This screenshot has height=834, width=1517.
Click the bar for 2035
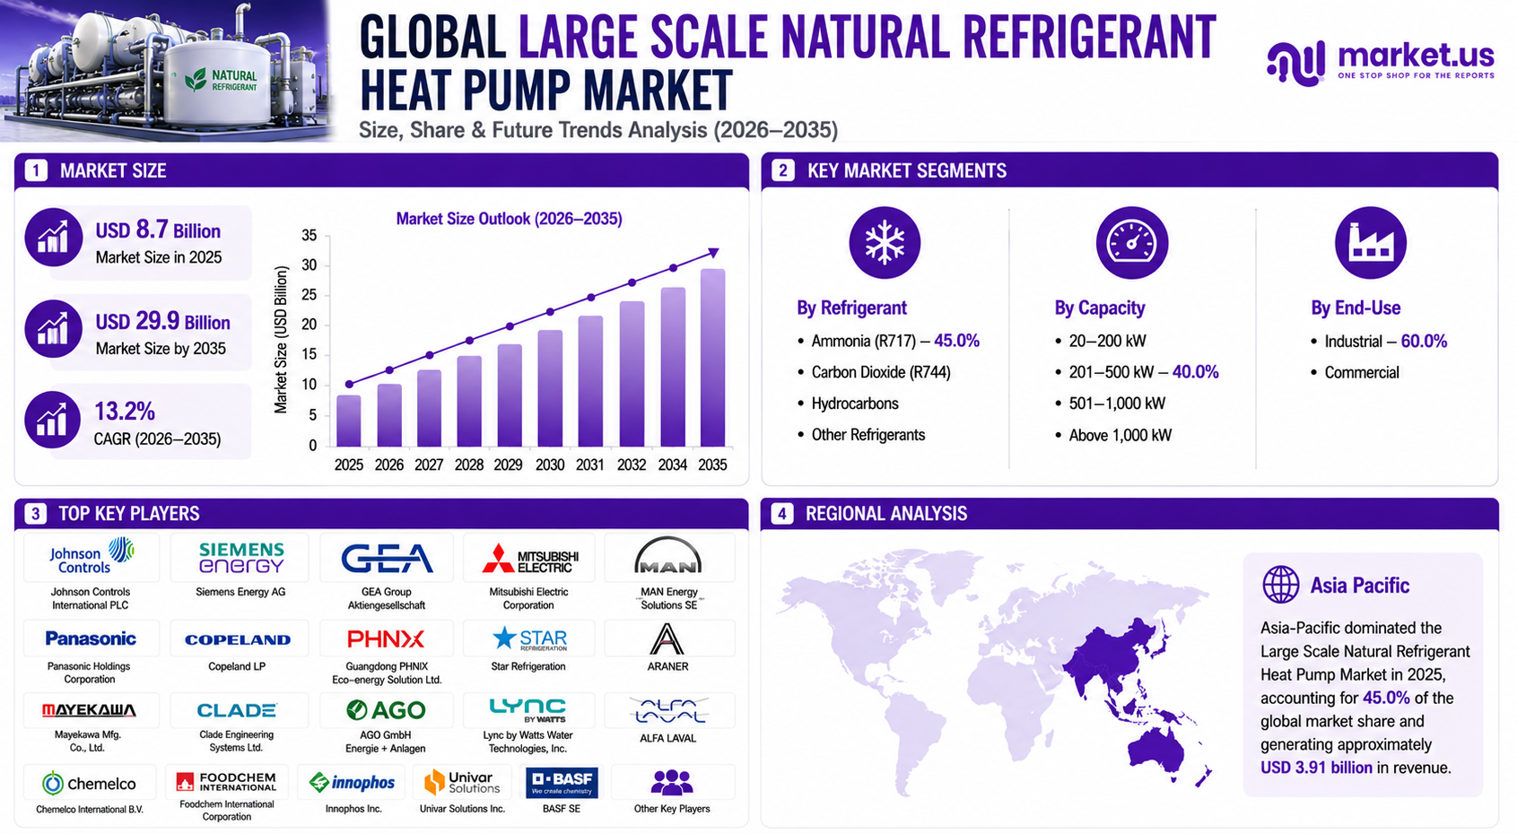tap(712, 358)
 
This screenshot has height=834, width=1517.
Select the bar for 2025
tap(349, 421)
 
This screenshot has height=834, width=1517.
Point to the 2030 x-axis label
tap(550, 465)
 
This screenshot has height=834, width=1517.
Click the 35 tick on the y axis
tap(309, 236)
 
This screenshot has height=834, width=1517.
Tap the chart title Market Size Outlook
tap(509, 219)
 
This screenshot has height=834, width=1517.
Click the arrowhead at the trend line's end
tap(713, 253)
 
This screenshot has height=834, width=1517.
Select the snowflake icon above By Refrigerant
tap(885, 242)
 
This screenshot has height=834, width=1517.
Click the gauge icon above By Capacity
tap(1131, 242)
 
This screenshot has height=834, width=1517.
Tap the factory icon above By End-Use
tap(1370, 242)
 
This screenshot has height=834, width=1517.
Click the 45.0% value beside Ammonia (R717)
tap(957, 341)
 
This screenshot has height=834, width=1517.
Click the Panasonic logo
tap(91, 639)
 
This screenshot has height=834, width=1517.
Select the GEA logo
tap(387, 559)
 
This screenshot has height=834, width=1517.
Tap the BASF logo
tap(562, 783)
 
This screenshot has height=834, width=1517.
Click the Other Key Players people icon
tap(672, 782)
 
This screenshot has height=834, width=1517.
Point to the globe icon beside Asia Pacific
tap(1281, 584)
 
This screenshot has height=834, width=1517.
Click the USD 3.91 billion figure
tap(1316, 768)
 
